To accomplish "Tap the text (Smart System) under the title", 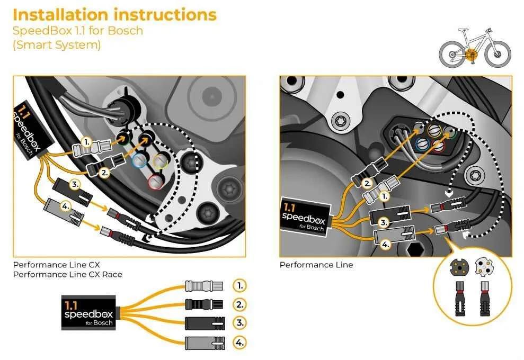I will tap(56, 45).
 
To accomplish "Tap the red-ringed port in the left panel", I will tap(155, 182).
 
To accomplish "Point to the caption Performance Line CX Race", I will tap(67, 274).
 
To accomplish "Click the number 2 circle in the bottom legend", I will tap(240, 304).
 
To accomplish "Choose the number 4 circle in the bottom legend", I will tap(240, 343).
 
